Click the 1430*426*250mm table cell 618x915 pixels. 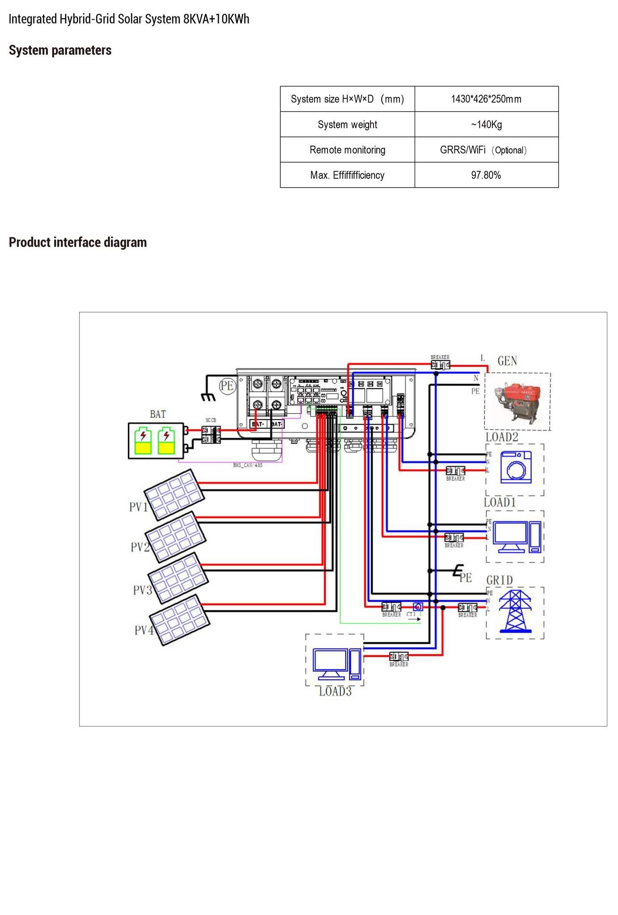[x=486, y=99]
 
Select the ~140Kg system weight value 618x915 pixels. [x=486, y=125]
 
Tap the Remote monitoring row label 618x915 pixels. [x=347, y=150]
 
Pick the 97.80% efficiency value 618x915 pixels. [x=486, y=175]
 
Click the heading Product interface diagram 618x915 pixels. [x=78, y=243]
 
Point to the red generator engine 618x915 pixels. [x=518, y=401]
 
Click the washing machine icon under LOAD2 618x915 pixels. [x=516, y=467]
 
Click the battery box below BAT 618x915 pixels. [x=156, y=441]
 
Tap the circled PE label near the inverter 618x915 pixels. [x=227, y=386]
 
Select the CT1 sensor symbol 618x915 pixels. [x=417, y=607]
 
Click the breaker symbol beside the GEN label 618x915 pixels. [x=440, y=365]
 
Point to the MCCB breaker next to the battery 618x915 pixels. [x=211, y=434]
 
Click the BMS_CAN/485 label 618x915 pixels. [x=248, y=465]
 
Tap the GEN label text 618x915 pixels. [x=507, y=361]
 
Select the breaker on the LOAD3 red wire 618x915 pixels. [x=399, y=657]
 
